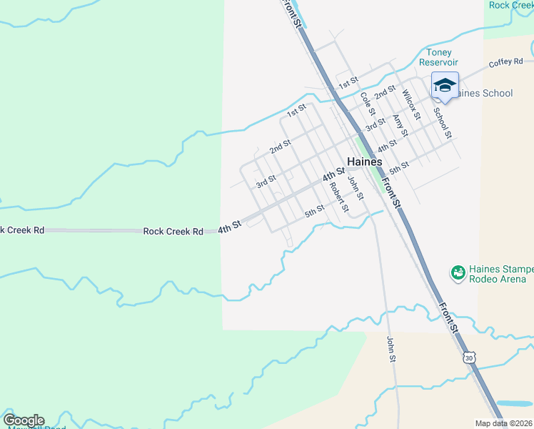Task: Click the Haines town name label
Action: pyautogui.click(x=364, y=162)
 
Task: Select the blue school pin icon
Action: pyautogui.click(x=445, y=85)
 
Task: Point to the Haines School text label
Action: pyautogui.click(x=485, y=93)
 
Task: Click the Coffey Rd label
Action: pyautogui.click(x=506, y=64)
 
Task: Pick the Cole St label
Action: pyautogui.click(x=367, y=104)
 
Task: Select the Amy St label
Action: pyautogui.click(x=400, y=126)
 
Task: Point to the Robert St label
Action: pyautogui.click(x=338, y=198)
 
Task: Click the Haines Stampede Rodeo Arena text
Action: pyautogui.click(x=500, y=274)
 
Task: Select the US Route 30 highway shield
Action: pyautogui.click(x=468, y=357)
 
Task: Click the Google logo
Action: pyautogui.click(x=24, y=420)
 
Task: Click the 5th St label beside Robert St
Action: pyautogui.click(x=314, y=211)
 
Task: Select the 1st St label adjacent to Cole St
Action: pyautogui.click(x=348, y=83)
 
